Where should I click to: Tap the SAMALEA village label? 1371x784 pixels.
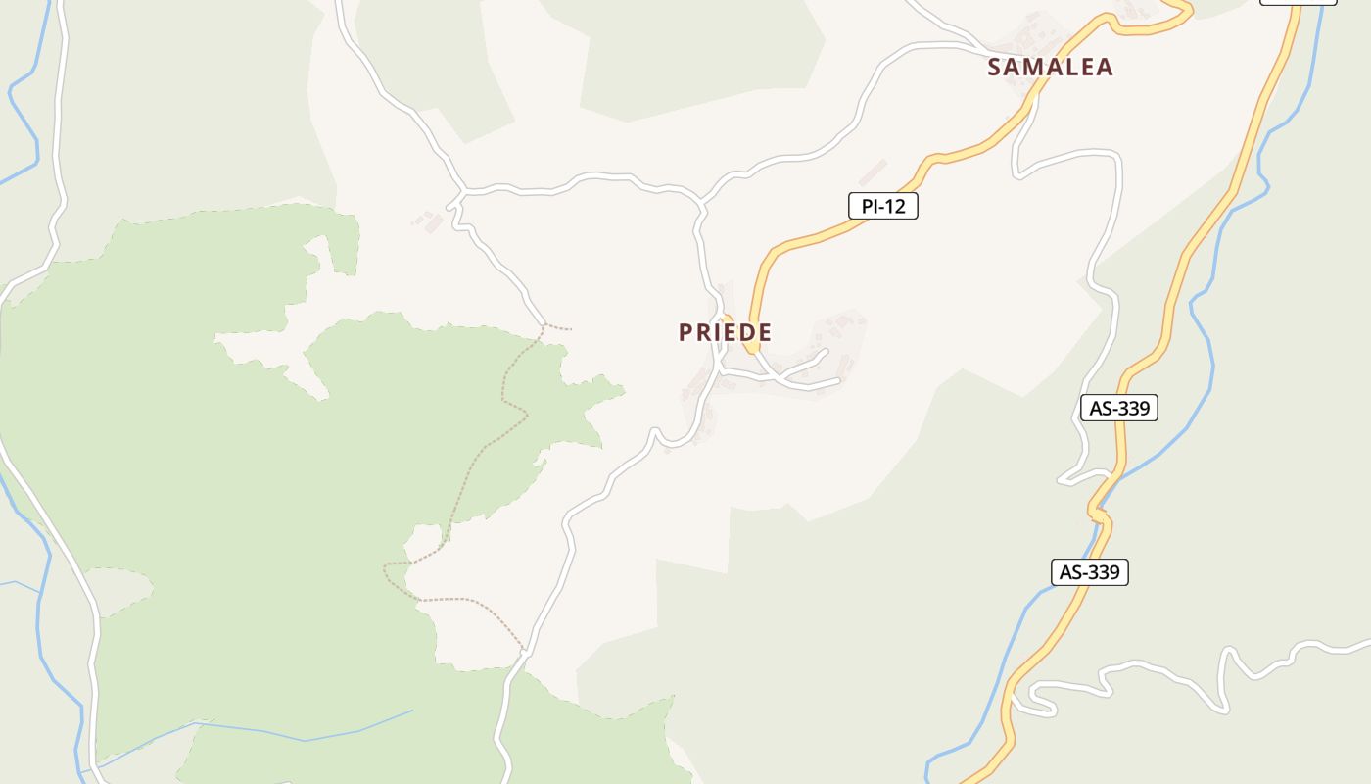click(x=1050, y=67)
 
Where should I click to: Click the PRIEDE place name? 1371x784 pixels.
click(x=725, y=332)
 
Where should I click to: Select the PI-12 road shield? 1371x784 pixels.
click(x=882, y=206)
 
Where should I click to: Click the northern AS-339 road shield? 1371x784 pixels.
click(x=1118, y=408)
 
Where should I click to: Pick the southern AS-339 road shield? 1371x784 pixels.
click(x=1089, y=572)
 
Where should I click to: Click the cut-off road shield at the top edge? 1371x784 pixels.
click(x=1298, y=2)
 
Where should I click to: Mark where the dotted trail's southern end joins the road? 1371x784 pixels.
click(x=525, y=650)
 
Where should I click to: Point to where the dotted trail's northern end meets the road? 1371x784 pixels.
click(x=544, y=324)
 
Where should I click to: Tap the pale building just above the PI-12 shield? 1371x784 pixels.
click(x=873, y=171)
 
